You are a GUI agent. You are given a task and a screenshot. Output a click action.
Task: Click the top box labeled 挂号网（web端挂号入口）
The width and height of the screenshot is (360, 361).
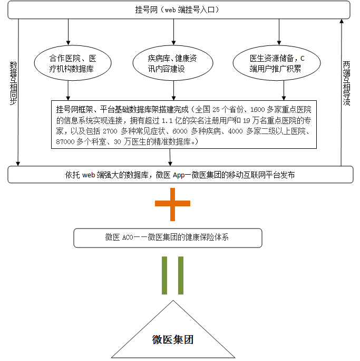pos(180,10)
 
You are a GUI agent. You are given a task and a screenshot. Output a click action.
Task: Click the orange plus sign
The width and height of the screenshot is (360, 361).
pos(172,203)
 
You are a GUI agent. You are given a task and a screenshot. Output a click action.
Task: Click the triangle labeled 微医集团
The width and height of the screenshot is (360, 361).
pos(173,332)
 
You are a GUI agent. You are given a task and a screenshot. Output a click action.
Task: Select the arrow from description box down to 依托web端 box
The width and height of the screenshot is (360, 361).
pos(170,157)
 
